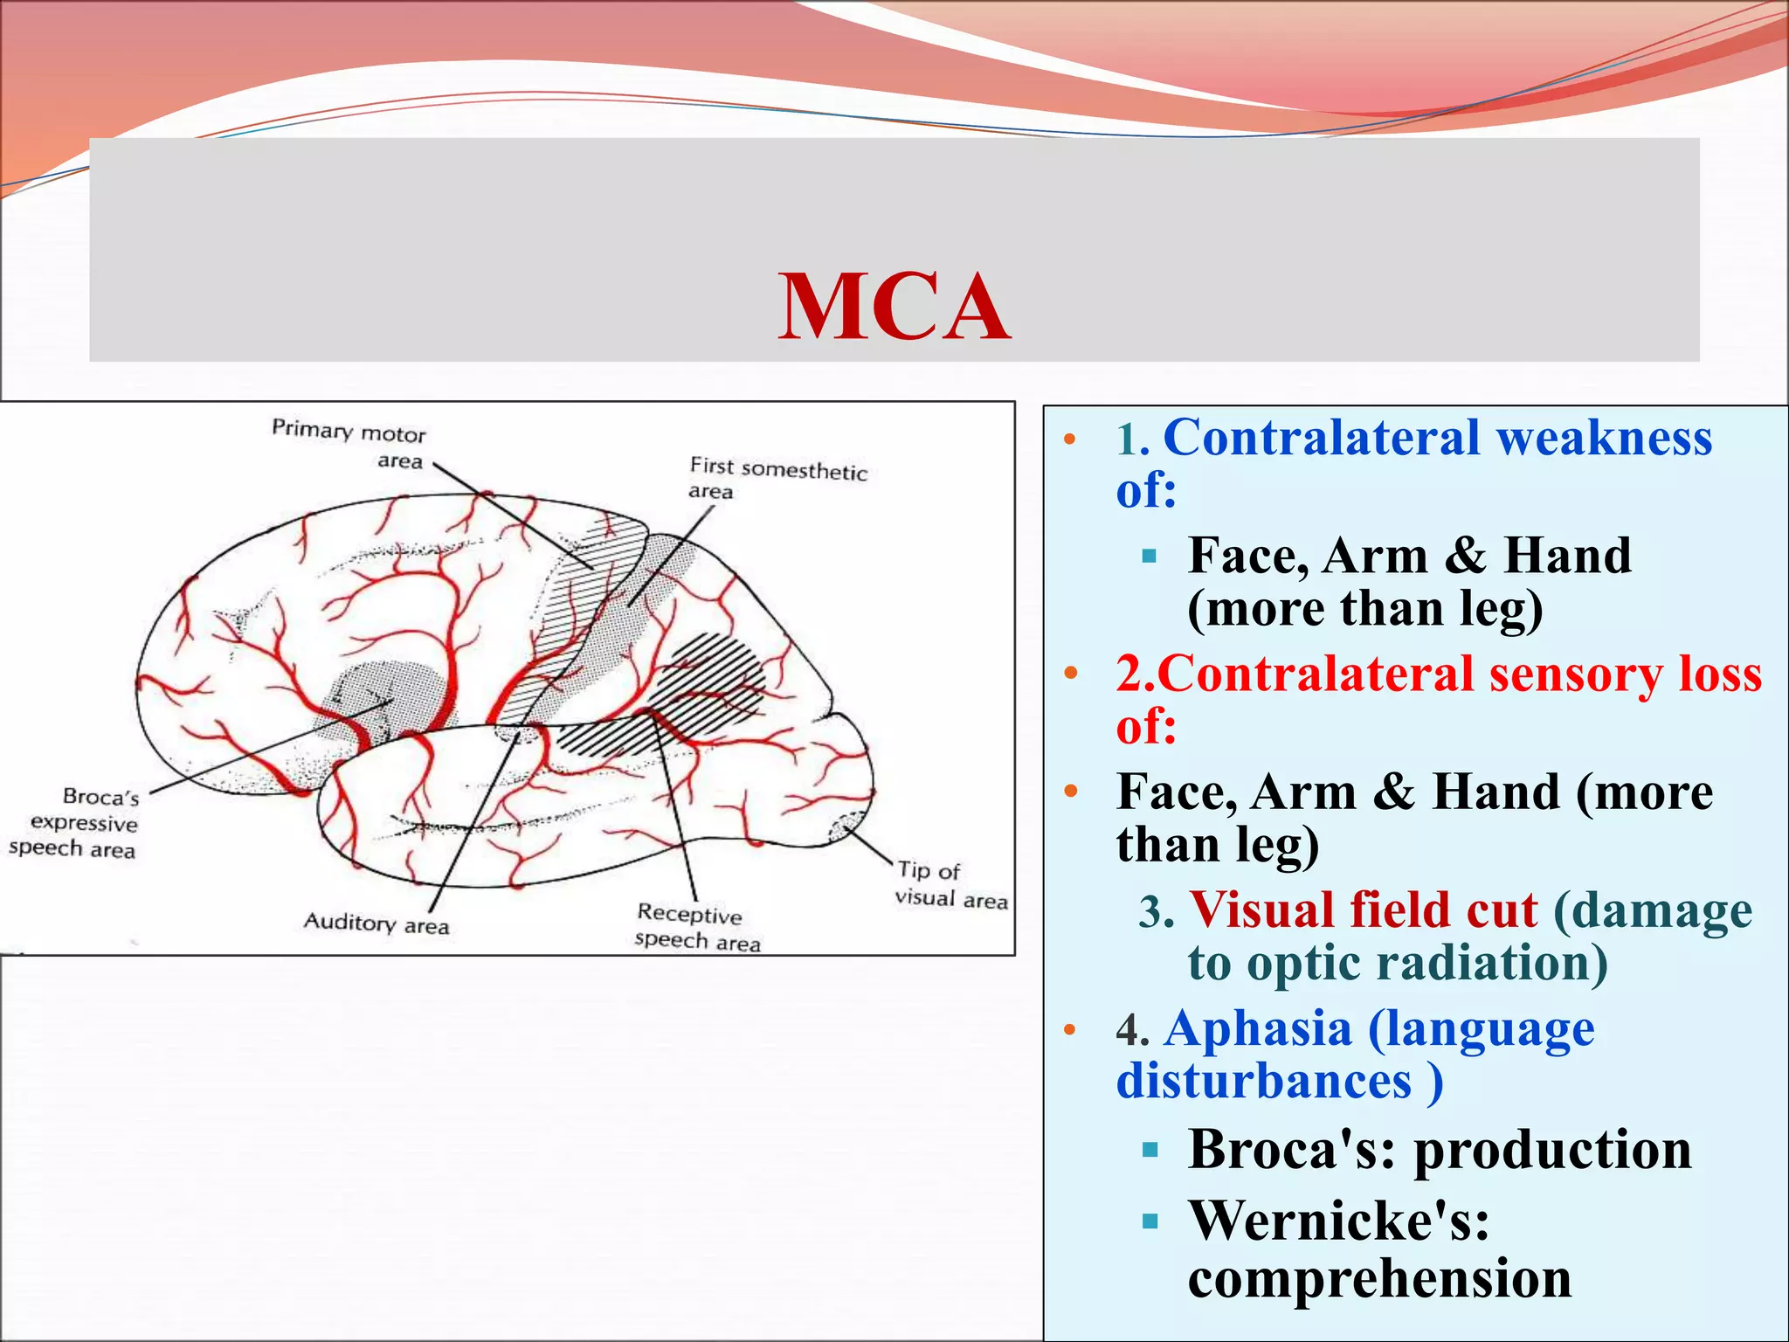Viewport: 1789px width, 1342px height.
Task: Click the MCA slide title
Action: click(894, 307)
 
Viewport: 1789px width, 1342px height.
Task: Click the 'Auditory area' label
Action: click(376, 923)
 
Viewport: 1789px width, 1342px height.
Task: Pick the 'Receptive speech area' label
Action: click(696, 927)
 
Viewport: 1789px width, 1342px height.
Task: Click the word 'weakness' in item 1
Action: click(1604, 437)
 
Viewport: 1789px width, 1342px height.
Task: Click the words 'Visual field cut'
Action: click(1363, 910)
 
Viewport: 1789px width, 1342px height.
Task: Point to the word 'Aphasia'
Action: click(1259, 1028)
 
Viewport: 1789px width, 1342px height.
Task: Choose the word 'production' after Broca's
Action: click(1552, 1149)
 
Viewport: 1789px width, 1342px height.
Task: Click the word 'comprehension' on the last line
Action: click(1379, 1278)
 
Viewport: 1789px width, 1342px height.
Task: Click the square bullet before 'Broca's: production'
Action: click(1150, 1150)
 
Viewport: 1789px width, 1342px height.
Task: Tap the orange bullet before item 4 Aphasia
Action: click(1070, 1029)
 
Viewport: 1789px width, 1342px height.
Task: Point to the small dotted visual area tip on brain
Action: click(846, 825)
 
